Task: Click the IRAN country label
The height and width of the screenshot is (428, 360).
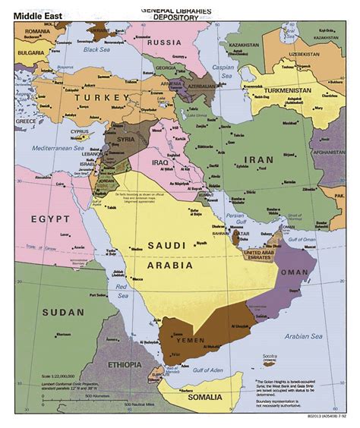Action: pos(253,160)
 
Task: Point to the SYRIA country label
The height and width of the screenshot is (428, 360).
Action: pos(125,139)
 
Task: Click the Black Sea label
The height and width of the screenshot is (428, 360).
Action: pos(96,49)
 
